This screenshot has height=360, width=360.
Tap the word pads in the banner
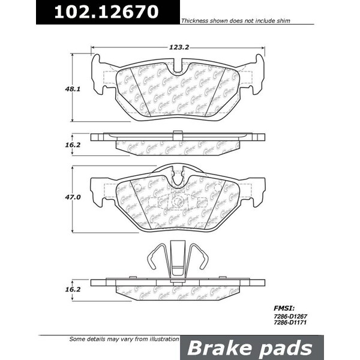(289, 347)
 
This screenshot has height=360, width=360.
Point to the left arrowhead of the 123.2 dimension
(94, 47)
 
